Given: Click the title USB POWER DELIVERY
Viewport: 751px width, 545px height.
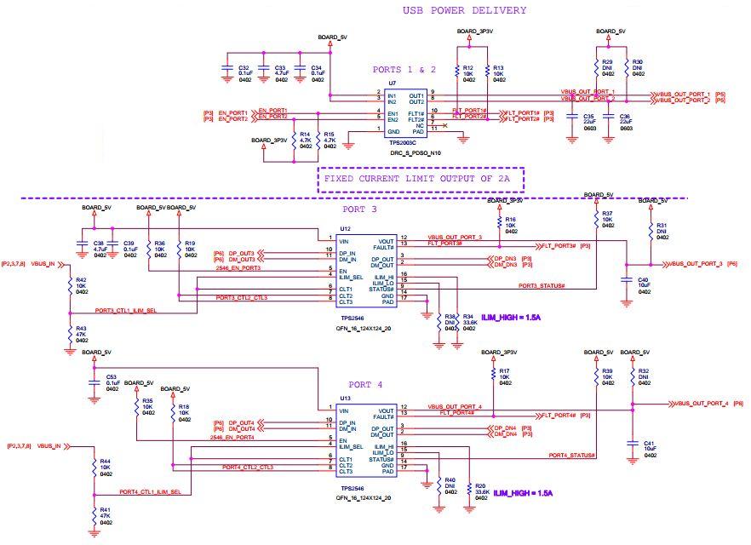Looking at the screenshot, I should (x=464, y=10).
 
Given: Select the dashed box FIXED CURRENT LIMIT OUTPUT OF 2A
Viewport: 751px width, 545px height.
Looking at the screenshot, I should (x=421, y=180).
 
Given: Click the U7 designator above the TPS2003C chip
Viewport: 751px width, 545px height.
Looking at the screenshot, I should (x=392, y=83).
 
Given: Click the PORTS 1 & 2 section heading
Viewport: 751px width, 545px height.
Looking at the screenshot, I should (x=404, y=70).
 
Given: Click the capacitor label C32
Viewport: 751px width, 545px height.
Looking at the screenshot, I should (x=244, y=67).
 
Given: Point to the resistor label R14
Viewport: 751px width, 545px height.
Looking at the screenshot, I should (x=304, y=134).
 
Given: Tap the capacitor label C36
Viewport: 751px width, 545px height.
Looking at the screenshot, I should (x=624, y=116).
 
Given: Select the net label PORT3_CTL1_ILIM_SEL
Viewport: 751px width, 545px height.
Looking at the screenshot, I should (x=125, y=311).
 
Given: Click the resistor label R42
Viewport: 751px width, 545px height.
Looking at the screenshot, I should (x=81, y=279).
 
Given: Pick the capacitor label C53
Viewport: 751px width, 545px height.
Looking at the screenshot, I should (x=112, y=376).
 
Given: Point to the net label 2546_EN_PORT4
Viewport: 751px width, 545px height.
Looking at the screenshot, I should (x=234, y=438).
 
